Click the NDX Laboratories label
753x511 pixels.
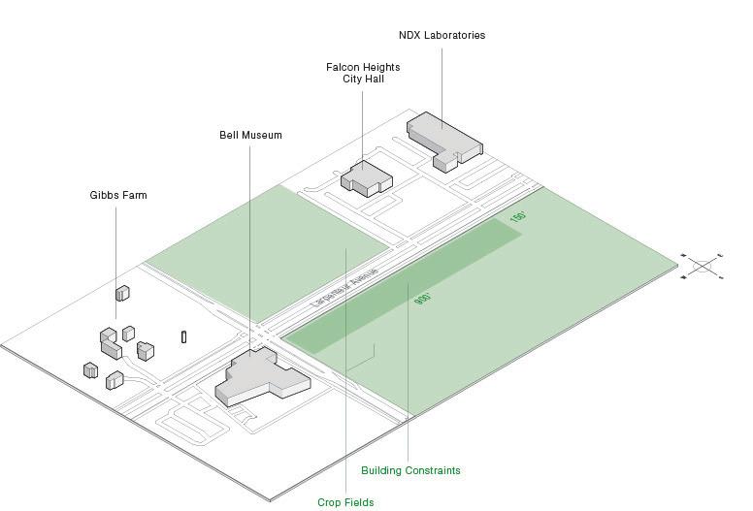(x=442, y=36)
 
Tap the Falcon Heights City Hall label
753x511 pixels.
(x=363, y=73)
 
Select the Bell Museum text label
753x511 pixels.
(x=250, y=136)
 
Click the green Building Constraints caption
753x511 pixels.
(x=410, y=471)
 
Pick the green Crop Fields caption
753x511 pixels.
(x=345, y=502)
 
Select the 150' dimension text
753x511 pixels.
(x=517, y=218)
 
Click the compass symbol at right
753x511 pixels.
(x=703, y=266)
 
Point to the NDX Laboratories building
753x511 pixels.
(x=444, y=139)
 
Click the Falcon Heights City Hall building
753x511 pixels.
(x=365, y=177)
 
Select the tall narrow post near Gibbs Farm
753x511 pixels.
(x=183, y=337)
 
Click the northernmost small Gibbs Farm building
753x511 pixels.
(x=122, y=292)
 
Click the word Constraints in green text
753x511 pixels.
(x=432, y=471)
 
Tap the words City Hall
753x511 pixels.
(x=363, y=80)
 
